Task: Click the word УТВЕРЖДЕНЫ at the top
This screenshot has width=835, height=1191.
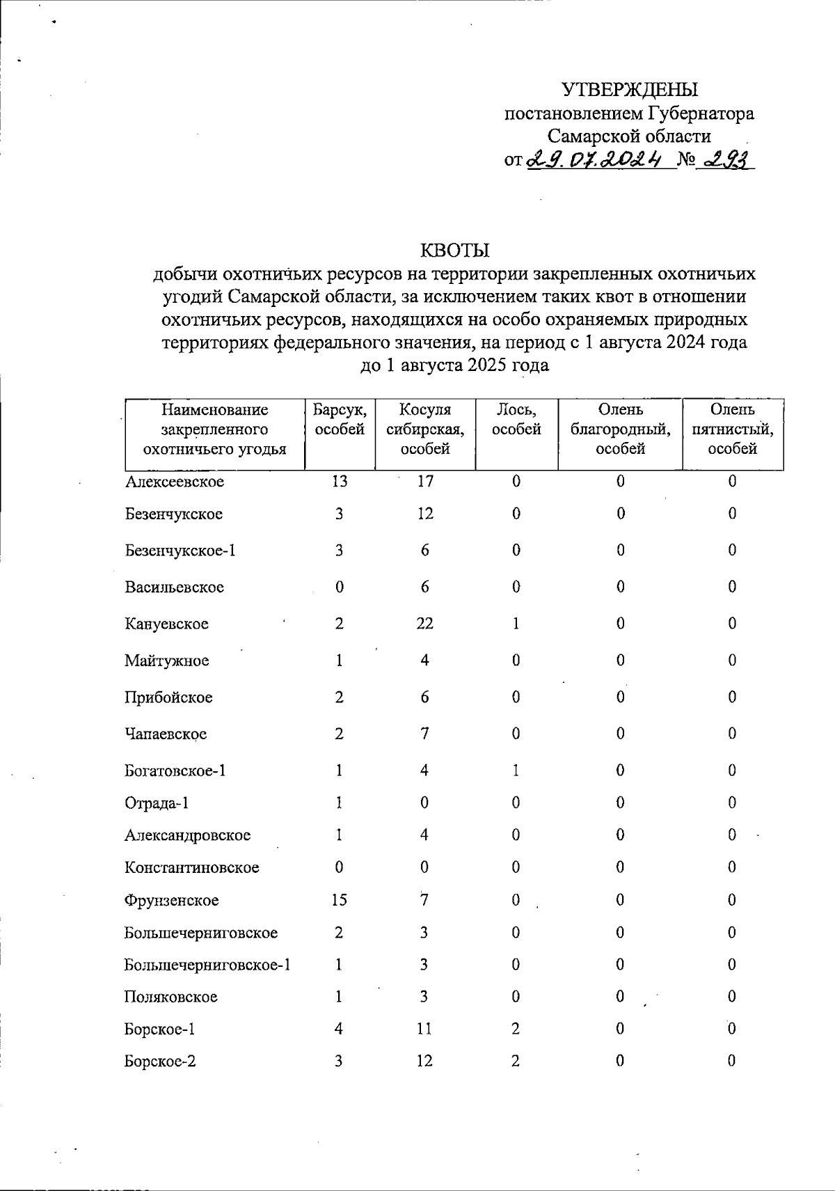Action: click(x=629, y=90)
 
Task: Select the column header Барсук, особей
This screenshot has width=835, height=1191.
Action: click(x=340, y=420)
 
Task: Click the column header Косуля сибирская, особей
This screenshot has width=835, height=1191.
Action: click(x=425, y=429)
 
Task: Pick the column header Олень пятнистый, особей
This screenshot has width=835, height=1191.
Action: click(x=732, y=429)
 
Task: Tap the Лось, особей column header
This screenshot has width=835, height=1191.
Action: click(x=516, y=420)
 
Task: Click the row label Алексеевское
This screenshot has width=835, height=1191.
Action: click(x=175, y=482)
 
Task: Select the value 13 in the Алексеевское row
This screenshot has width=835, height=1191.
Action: click(x=339, y=482)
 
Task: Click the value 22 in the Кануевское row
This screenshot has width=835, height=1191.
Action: click(x=424, y=624)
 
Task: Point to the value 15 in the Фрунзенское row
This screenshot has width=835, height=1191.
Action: click(x=339, y=900)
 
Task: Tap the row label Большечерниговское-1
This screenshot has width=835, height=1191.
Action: click(x=207, y=965)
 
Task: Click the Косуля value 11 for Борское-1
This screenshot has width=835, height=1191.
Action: click(x=424, y=1029)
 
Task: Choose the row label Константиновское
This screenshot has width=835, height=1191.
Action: click(x=192, y=868)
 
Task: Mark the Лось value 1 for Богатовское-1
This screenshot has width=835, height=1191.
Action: click(x=516, y=771)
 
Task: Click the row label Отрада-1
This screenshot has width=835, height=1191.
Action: click(x=157, y=803)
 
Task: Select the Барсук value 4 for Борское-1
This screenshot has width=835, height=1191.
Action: click(x=339, y=1029)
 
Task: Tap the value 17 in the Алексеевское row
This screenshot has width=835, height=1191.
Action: click(x=425, y=482)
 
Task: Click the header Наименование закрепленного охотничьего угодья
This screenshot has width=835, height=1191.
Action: click(x=215, y=429)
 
